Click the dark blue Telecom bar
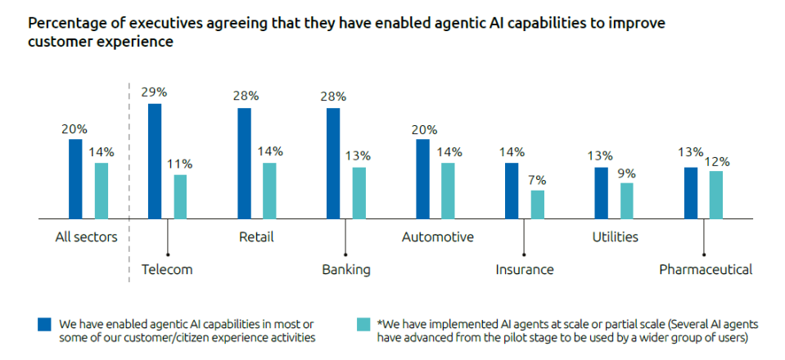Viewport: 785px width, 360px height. pyautogui.click(x=155, y=161)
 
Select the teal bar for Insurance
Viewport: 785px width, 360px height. pyautogui.click(x=537, y=205)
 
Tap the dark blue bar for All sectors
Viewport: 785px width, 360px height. pyautogui.click(x=75, y=178)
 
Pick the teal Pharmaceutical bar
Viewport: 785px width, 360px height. pyautogui.click(x=715, y=195)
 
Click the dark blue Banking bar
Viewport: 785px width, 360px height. pyautogui.click(x=333, y=164)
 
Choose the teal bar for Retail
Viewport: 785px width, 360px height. pyautogui.click(x=269, y=191)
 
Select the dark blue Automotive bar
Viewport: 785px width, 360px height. pyautogui.click(x=422, y=178)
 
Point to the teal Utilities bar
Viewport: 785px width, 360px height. pyautogui.click(x=626, y=200)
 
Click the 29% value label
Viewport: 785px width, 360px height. pyautogui.click(x=155, y=92)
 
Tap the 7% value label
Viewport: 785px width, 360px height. pyautogui.click(x=537, y=180)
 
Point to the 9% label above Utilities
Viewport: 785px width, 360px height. pyautogui.click(x=626, y=173)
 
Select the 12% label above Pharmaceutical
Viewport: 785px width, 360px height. pyautogui.click(x=716, y=161)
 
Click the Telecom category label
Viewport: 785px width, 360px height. pyautogui.click(x=167, y=269)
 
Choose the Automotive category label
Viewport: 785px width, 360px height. pyautogui.click(x=437, y=237)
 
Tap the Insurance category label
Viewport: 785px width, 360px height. pyautogui.click(x=524, y=269)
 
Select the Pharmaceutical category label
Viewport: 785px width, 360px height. pyautogui.click(x=705, y=269)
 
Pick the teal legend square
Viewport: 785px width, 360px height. pyautogui.click(x=363, y=323)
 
